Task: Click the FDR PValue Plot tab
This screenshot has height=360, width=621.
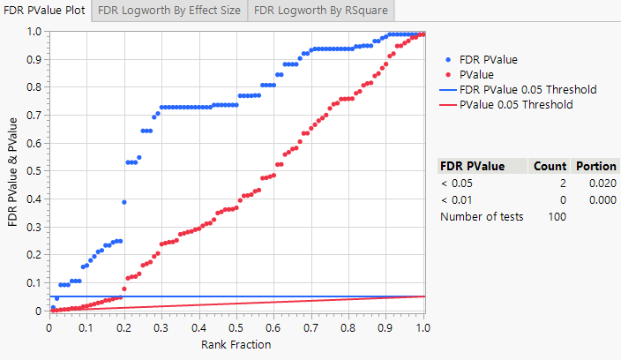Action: click(x=45, y=11)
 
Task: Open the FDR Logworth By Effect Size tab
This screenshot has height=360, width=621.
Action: click(x=169, y=11)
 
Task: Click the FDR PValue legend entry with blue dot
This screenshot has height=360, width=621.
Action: click(x=489, y=59)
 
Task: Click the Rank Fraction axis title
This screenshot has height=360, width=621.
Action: click(x=236, y=344)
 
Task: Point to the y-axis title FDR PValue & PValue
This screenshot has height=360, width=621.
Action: click(x=13, y=171)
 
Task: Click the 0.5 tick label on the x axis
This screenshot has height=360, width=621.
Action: click(x=236, y=326)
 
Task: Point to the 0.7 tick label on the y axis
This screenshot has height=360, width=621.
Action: click(x=33, y=116)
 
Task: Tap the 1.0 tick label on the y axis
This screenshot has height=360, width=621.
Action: click(x=33, y=32)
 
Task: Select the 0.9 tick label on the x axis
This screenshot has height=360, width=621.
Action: click(x=386, y=326)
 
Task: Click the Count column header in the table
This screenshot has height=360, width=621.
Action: click(x=550, y=166)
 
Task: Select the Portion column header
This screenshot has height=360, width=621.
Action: click(x=595, y=166)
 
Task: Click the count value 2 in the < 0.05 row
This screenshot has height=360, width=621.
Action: click(x=562, y=183)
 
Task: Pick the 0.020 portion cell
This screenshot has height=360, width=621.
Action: click(x=602, y=183)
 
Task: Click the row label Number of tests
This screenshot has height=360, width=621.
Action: click(x=482, y=216)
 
